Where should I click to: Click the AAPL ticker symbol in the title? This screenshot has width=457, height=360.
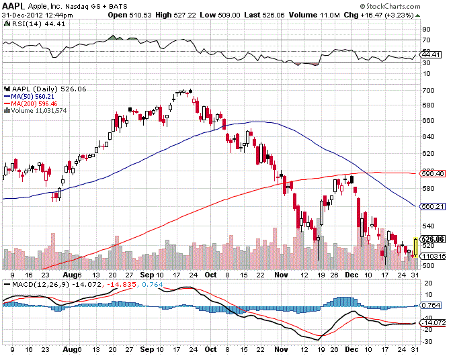(x=15, y=5)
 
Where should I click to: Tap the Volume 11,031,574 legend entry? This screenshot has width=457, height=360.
(x=37, y=111)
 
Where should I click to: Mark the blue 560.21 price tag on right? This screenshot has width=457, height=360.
(x=433, y=206)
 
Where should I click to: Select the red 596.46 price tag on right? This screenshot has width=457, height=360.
(x=433, y=173)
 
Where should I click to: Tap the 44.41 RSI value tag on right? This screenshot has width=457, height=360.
(x=431, y=55)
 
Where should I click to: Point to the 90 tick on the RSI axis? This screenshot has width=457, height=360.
(x=426, y=29)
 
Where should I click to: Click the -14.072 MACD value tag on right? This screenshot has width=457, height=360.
(x=433, y=322)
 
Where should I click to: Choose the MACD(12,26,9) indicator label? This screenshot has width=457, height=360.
(x=30, y=284)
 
